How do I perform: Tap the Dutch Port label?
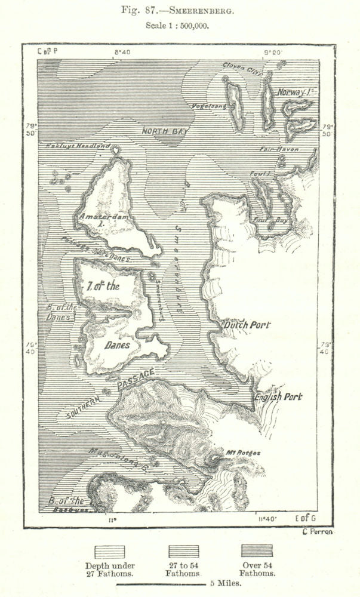[246, 325]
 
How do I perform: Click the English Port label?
[278, 396]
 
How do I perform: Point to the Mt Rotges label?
[244, 453]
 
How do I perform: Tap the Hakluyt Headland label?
[78, 146]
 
